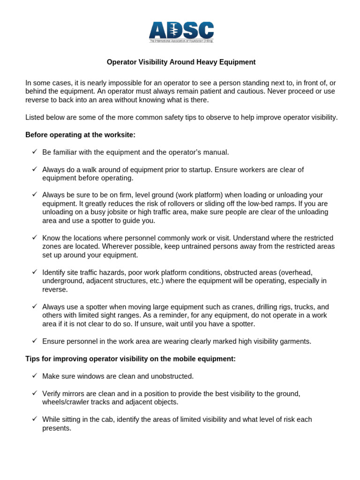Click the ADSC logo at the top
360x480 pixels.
[181, 32]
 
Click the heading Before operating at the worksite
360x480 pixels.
[80, 135]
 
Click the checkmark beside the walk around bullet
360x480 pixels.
[35, 169]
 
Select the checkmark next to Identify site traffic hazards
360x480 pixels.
[35, 272]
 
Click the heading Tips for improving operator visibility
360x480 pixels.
[130, 359]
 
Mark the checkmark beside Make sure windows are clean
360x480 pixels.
[35, 376]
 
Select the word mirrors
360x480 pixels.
[74, 393]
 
